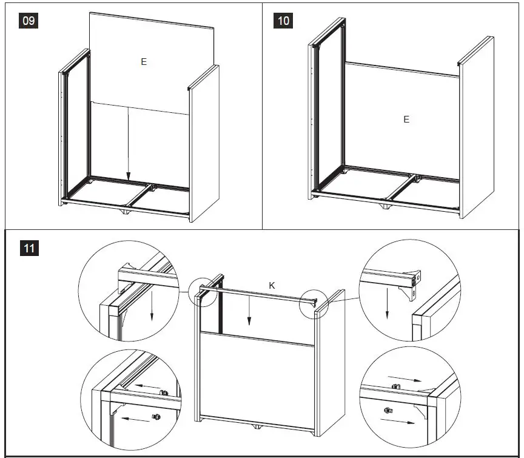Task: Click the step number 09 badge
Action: click(29, 21)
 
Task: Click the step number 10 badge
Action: click(283, 21)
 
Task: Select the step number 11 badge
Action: click(29, 248)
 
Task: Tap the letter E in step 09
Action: click(144, 62)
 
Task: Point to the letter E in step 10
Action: click(406, 120)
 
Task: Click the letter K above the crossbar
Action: click(272, 285)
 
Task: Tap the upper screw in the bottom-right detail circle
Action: click(395, 386)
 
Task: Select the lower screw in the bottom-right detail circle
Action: click(388, 411)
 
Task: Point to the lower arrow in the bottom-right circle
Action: click(408, 420)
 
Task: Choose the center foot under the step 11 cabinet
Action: click(257, 428)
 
